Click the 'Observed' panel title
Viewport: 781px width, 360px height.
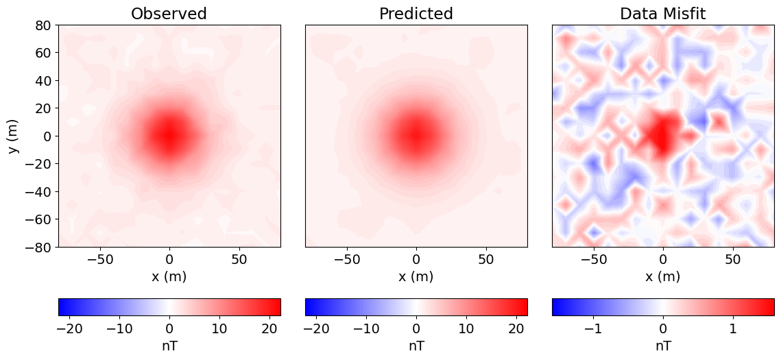click(x=169, y=14)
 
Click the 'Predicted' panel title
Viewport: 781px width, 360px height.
click(x=416, y=14)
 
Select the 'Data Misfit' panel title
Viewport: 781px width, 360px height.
click(x=662, y=14)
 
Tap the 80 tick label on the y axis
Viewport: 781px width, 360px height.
click(x=43, y=25)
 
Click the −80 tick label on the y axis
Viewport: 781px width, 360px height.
click(x=38, y=247)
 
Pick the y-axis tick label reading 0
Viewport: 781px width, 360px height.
click(x=47, y=136)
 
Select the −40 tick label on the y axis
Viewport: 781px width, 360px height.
click(x=38, y=191)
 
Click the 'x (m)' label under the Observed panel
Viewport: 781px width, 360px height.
click(x=169, y=276)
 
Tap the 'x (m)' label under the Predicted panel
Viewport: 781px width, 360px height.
click(x=416, y=276)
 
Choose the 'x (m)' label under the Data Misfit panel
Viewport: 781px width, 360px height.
click(x=662, y=276)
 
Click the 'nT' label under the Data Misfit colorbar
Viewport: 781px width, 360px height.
click(x=662, y=346)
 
